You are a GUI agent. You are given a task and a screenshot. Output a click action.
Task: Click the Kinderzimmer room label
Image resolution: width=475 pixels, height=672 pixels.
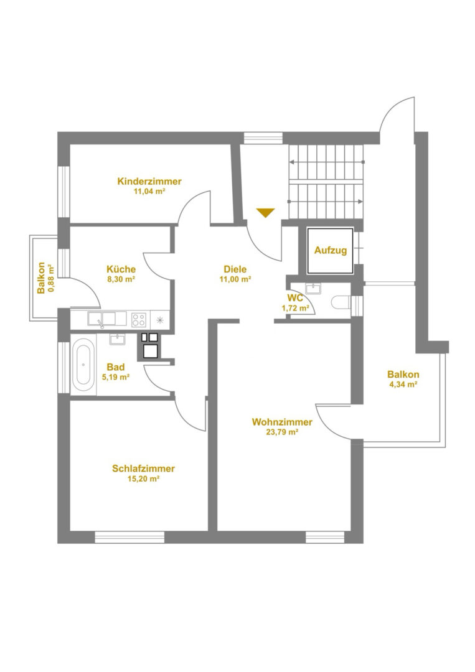click(x=149, y=181)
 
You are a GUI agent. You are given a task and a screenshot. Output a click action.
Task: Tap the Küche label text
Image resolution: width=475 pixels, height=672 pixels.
click(x=121, y=269)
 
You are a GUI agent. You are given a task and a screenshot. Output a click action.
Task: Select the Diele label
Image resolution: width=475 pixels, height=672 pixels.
click(x=235, y=269)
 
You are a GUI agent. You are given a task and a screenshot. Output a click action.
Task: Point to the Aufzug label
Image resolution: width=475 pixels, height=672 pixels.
click(x=331, y=250)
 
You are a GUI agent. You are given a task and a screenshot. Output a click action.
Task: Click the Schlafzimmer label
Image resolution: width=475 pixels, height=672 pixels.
click(x=143, y=469)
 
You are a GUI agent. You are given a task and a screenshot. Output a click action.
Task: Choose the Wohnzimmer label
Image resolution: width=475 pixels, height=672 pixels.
click(x=282, y=422)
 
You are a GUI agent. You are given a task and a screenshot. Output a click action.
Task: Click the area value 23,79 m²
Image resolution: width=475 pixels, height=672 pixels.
click(x=282, y=432)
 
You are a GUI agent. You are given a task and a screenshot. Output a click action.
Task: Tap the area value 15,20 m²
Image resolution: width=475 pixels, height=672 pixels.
click(x=143, y=478)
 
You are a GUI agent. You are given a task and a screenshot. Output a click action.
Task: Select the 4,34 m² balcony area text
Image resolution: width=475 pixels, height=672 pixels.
click(x=403, y=385)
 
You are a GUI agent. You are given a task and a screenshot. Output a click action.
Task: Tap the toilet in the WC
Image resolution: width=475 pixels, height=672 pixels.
click(x=341, y=302)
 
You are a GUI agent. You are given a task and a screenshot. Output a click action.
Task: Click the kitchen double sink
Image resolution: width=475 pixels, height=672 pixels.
click(x=106, y=319)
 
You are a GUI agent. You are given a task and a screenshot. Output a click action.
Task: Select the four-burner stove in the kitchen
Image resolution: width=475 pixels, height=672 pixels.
click(x=138, y=319)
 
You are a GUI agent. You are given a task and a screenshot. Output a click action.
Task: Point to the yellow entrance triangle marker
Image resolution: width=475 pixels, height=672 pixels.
click(x=265, y=213)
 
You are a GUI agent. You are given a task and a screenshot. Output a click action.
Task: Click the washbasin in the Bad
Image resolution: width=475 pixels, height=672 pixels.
click(x=116, y=340)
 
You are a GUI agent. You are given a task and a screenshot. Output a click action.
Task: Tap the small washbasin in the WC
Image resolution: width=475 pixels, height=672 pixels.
click(x=313, y=289)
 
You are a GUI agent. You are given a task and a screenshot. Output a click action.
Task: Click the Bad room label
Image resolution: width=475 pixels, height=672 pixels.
click(x=116, y=367)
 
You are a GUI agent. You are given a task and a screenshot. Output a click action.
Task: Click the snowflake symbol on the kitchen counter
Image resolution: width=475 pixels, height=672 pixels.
click(x=160, y=319)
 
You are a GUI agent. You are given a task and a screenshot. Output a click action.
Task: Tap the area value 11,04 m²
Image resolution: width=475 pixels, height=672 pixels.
click(x=149, y=192)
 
